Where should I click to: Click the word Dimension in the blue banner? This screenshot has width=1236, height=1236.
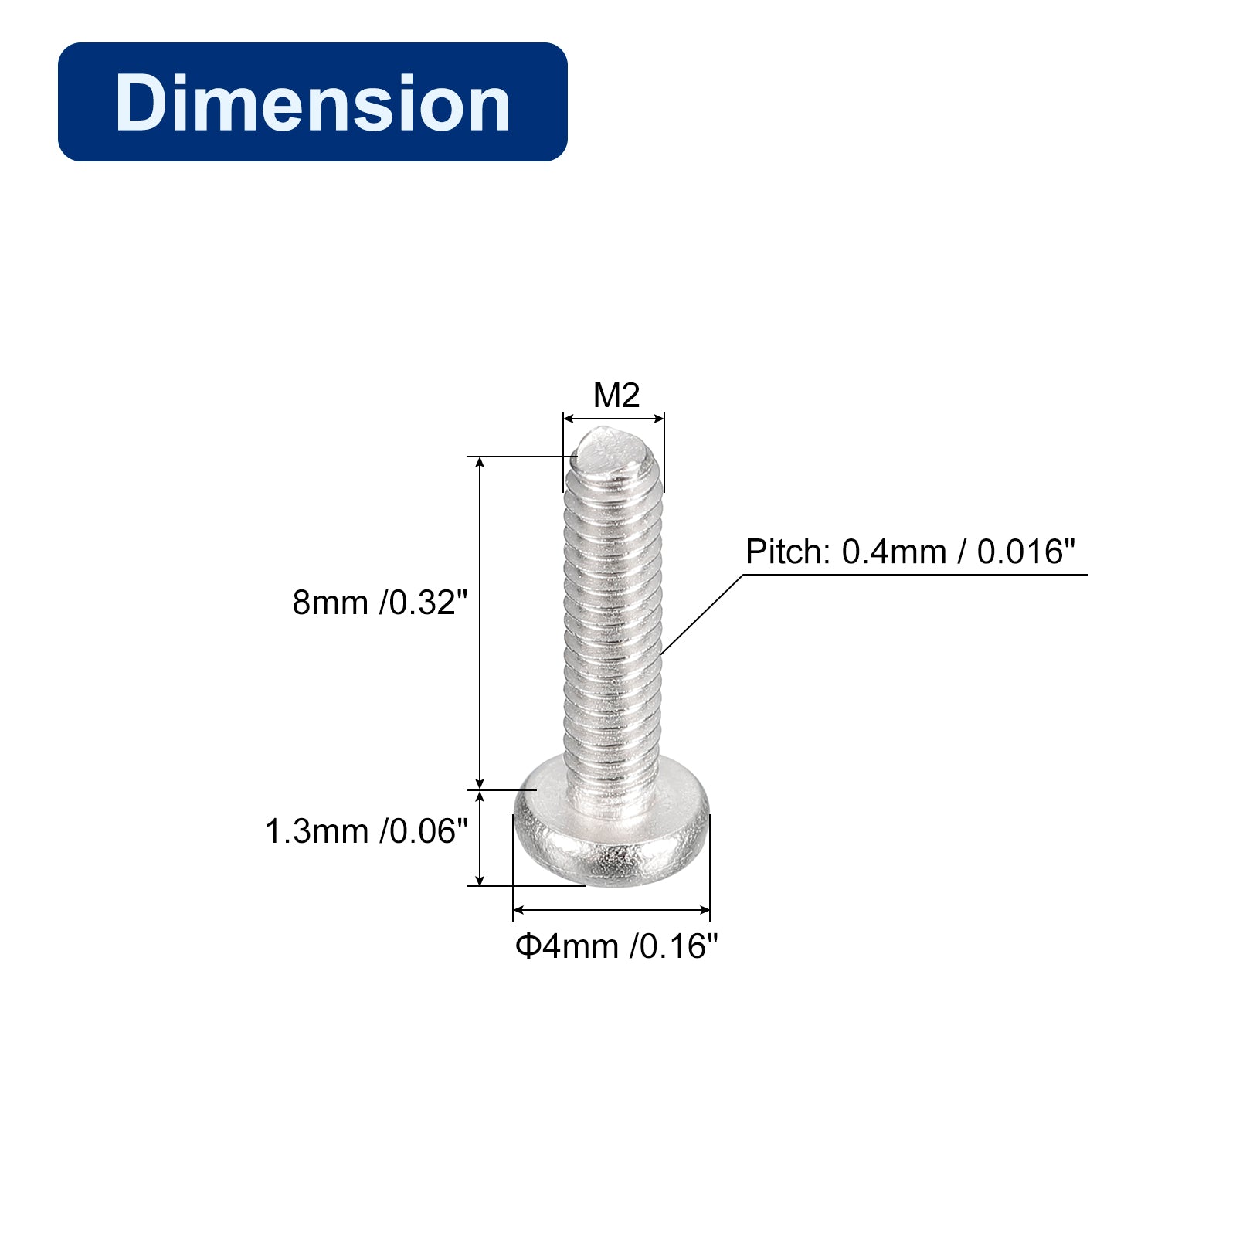coord(312,103)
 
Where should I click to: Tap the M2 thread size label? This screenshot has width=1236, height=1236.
coord(616,396)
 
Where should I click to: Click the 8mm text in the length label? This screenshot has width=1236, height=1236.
coord(330,603)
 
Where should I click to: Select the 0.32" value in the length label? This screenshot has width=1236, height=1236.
coord(424,603)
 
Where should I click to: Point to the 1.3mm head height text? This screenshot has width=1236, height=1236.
coord(317,832)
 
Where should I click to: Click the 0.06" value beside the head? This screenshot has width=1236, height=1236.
coord(424,832)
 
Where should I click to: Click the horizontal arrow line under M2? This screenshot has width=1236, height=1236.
coord(613,419)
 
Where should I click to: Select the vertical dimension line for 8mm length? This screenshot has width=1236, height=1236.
coord(480,618)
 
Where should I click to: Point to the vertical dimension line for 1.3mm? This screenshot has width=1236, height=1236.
coord(480,838)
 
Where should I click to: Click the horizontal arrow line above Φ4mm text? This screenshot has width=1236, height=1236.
coord(611,911)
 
